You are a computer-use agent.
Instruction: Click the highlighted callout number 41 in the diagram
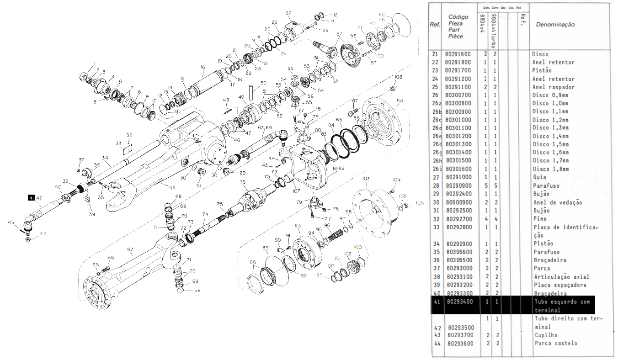[x=31, y=198]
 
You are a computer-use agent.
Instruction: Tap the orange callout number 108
[x=399, y=77]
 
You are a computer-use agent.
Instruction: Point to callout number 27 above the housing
[x=288, y=13]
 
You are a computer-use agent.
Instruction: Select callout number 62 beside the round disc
[x=382, y=14]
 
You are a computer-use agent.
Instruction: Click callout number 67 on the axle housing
[x=130, y=249]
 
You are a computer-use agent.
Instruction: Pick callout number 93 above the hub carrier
[x=298, y=226]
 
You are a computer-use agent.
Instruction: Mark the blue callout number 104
[x=396, y=180]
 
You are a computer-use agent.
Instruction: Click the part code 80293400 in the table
[x=460, y=302]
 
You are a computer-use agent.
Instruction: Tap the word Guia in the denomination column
[x=540, y=177]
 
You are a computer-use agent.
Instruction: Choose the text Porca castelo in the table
[x=555, y=343]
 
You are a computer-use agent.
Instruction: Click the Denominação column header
[x=555, y=25]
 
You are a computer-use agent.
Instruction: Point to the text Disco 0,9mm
[x=550, y=95]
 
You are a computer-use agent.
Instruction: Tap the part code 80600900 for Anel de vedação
[x=460, y=202]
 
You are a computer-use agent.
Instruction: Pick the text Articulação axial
[x=562, y=277]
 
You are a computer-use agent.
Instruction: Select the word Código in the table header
[x=458, y=17]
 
